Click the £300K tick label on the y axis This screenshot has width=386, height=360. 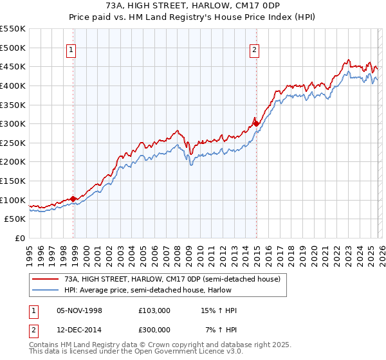click(13, 123)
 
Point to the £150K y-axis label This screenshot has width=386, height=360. click(13, 181)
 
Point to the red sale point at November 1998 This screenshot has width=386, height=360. click(73, 199)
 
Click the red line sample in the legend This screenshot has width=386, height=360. click(45, 280)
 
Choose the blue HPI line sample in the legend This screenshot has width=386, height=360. click(45, 291)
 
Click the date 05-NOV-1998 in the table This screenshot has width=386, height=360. click(80, 310)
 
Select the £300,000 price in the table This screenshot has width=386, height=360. click(154, 328)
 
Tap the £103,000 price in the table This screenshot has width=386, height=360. click(154, 310)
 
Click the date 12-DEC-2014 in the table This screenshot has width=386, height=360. click(80, 328)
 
